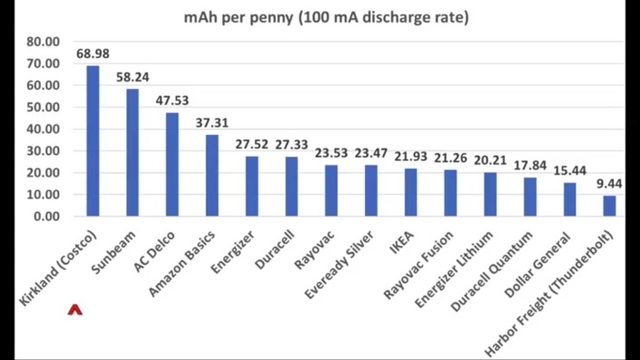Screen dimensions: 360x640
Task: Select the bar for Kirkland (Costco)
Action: pos(93,140)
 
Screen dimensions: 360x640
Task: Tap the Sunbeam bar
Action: pos(132,152)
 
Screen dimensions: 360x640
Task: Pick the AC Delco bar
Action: pos(172,164)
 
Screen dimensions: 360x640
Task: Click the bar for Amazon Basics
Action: pos(212,175)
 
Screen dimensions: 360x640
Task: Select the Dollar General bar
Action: pos(569,199)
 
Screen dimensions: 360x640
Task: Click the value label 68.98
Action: pos(93,54)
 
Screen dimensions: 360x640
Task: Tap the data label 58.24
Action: pos(132,77)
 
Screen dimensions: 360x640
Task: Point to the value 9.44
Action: pos(609,183)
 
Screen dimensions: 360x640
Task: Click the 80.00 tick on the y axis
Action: pos(42,42)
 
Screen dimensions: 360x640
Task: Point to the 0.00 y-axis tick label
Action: pos(45,216)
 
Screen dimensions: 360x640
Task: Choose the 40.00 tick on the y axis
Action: pos(42,129)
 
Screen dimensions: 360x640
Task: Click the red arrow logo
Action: pos(74,309)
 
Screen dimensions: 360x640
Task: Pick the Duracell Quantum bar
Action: pos(529,196)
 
